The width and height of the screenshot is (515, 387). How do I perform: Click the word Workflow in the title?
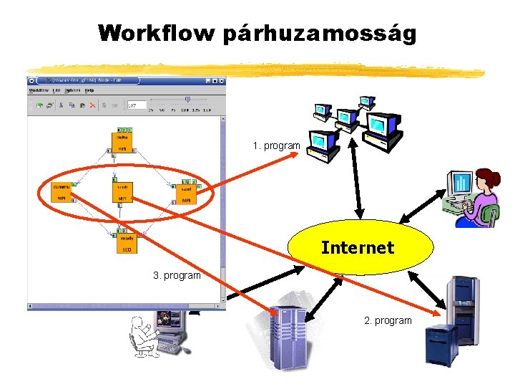tap(157, 34)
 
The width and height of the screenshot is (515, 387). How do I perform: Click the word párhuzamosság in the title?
tap(319, 34)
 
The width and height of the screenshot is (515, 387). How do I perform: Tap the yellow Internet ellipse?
tap(360, 248)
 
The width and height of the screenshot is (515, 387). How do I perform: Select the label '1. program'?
tap(276, 145)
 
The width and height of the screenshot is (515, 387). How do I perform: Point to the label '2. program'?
tap(388, 320)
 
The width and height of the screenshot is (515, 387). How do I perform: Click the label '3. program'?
tap(177, 275)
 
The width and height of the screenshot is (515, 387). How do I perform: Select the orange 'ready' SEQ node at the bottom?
tap(126, 243)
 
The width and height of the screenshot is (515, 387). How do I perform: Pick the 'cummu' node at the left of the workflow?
tap(62, 192)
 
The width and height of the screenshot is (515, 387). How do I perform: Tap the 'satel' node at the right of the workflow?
tap(186, 193)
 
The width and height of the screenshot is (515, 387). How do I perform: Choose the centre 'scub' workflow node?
tap(123, 192)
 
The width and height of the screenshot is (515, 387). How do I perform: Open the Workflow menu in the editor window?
tap(38, 90)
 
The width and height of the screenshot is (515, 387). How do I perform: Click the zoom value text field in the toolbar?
tap(135, 105)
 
